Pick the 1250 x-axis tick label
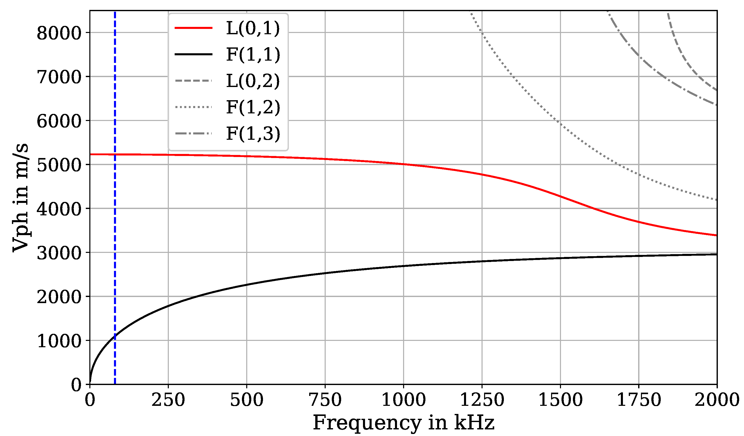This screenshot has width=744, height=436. pos(482,400)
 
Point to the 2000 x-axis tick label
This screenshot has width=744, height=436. pos(717,400)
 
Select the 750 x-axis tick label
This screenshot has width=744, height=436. pos(325,400)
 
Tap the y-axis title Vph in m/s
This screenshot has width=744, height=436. pos(21,198)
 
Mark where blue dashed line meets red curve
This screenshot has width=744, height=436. pos(115,154)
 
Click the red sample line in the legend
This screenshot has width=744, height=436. pos(194,28)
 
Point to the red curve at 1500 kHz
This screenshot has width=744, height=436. pos(560,196)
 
